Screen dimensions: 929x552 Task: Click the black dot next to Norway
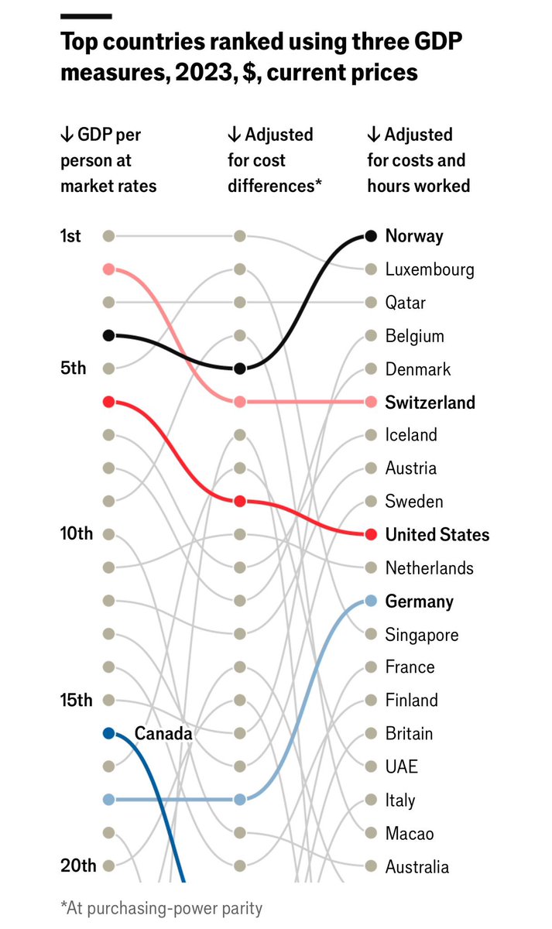point(371,236)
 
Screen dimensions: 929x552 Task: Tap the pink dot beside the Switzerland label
point(371,402)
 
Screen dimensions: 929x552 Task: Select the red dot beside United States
point(371,534)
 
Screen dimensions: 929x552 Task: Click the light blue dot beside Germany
point(371,601)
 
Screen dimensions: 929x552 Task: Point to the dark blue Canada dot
point(109,733)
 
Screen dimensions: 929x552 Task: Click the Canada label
point(163,733)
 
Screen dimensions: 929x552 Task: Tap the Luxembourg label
point(429,269)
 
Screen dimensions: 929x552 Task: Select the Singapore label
point(422,635)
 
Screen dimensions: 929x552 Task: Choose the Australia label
point(417,866)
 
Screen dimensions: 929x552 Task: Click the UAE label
point(402,766)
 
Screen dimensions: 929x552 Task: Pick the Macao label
point(410,833)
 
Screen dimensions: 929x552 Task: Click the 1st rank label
point(70,236)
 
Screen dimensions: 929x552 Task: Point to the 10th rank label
point(76,534)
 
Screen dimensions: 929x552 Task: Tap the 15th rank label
point(76,700)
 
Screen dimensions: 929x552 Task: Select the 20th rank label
point(77,866)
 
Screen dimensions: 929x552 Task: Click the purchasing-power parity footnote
point(161,908)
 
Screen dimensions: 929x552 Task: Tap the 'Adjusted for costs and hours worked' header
point(418,160)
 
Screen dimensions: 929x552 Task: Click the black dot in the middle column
point(240,369)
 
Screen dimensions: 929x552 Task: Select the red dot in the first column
point(109,402)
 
